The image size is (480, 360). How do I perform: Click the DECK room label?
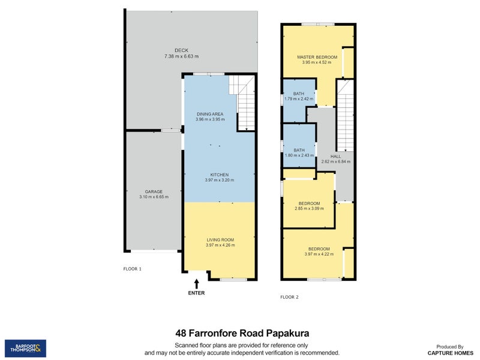click(x=182, y=50)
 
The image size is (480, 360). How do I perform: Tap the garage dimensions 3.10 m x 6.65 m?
click(x=154, y=197)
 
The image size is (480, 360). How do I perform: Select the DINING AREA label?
click(x=210, y=114)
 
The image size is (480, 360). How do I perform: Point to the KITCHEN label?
click(x=220, y=175)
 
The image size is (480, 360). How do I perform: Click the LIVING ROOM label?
click(x=220, y=240)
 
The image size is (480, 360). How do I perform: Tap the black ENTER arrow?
click(x=197, y=283)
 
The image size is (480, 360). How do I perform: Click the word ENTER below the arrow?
click(x=196, y=293)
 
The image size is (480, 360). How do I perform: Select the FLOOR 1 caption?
click(x=132, y=269)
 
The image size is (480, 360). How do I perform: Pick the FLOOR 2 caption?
click(x=289, y=297)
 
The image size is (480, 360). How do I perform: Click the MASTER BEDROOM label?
click(x=317, y=57)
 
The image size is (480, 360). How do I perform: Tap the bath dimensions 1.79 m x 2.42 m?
click(x=299, y=99)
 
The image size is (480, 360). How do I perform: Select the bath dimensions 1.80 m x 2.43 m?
click(x=299, y=155)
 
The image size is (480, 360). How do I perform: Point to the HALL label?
click(x=335, y=157)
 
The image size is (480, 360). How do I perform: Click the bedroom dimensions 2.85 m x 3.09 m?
click(x=309, y=208)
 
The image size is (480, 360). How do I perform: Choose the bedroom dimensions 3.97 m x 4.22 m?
click(x=319, y=254)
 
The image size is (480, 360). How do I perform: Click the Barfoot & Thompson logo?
click(x=25, y=349)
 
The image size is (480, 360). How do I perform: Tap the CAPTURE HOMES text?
click(x=451, y=353)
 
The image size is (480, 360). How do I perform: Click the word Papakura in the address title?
click(x=288, y=333)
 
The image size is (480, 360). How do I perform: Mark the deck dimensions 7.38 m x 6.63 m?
click(x=182, y=56)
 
